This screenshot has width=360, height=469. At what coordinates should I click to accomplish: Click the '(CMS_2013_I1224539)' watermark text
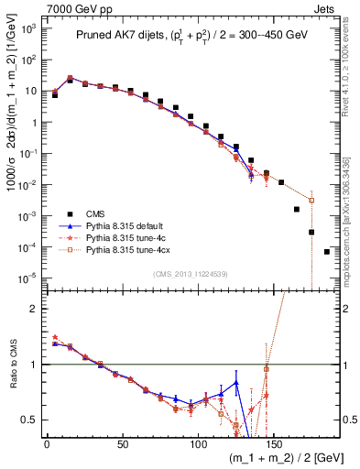pyautogui.click(x=189, y=273)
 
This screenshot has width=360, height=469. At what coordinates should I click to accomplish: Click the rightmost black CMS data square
pyautogui.click(x=327, y=251)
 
